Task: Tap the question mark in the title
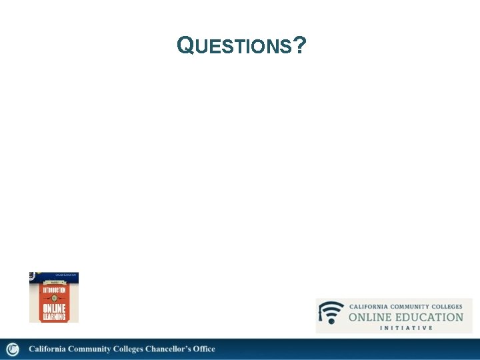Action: [299, 45]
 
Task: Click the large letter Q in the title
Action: [185, 45]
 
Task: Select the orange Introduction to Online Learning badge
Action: [54, 297]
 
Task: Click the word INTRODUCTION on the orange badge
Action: [54, 291]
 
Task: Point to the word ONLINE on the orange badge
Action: [54, 308]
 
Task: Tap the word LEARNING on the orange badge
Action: [54, 317]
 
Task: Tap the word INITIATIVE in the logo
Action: [406, 327]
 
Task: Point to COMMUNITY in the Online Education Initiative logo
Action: [413, 306]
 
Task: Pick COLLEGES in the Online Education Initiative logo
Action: [447, 306]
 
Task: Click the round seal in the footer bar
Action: [12, 349]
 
